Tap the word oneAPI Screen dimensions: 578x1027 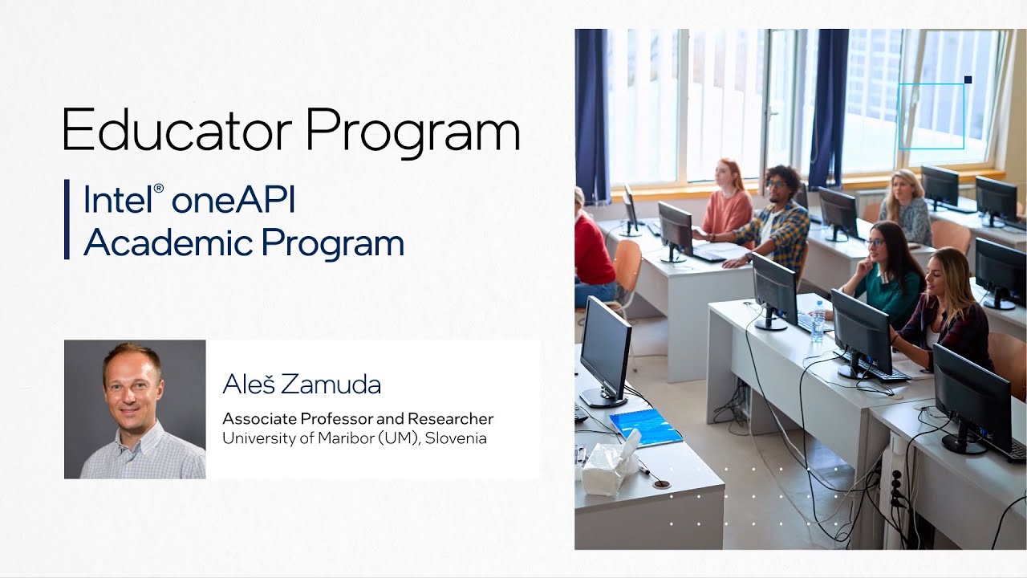tap(233, 200)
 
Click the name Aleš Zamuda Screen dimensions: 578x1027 tap(302, 385)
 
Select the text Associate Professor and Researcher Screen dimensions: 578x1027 tap(358, 419)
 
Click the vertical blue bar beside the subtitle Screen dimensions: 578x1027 tap(67, 220)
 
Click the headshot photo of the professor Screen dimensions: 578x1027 tap(135, 409)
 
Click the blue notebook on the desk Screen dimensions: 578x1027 tap(645, 426)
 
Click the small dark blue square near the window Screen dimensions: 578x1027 tap(968, 79)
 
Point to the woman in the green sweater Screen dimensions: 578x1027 tap(887, 277)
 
